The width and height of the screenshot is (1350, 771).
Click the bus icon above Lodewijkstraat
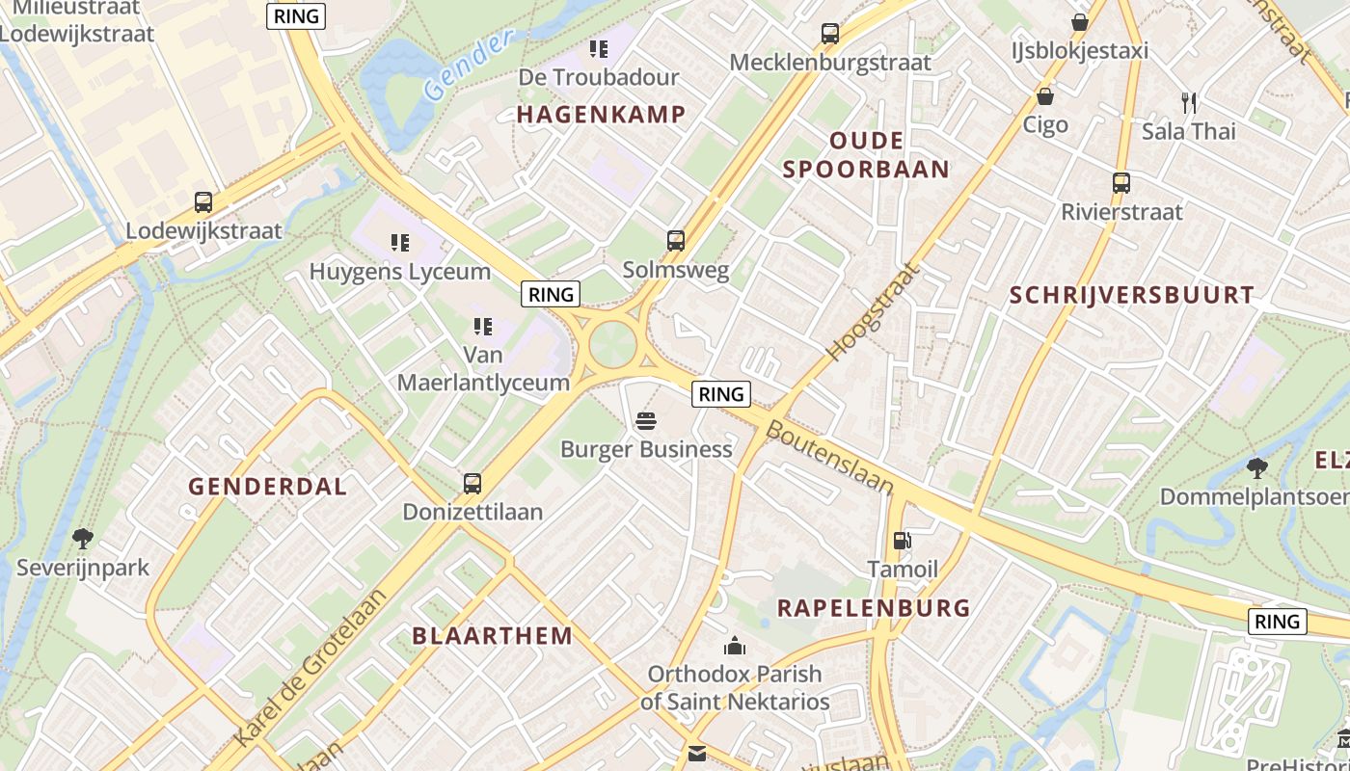click(203, 202)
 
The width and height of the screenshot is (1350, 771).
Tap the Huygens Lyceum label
click(399, 272)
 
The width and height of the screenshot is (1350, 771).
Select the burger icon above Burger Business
click(646, 421)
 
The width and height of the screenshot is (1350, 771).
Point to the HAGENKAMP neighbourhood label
click(602, 115)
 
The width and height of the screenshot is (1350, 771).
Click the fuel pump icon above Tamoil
click(902, 541)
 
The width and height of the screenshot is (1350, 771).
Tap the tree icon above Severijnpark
click(83, 538)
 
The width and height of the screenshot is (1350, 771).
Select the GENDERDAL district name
click(267, 487)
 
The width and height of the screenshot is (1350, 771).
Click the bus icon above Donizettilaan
click(472, 484)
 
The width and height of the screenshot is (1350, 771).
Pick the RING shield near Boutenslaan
click(721, 393)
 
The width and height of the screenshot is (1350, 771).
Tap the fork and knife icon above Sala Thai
click(1188, 102)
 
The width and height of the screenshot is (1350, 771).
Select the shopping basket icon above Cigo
click(1044, 96)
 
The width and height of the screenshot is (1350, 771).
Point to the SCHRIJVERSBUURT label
click(1132, 295)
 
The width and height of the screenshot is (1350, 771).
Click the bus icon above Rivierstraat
click(1120, 183)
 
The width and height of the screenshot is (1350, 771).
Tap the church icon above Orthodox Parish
click(735, 645)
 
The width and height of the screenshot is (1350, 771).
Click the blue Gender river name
click(467, 66)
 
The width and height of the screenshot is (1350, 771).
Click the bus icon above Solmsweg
click(676, 241)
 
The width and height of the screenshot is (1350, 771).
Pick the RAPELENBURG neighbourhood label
click(874, 608)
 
